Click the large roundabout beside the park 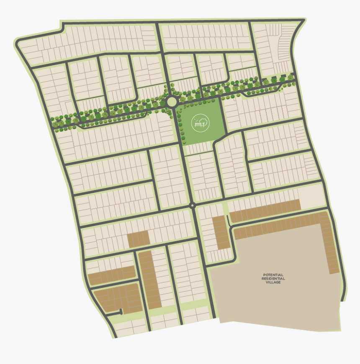[172, 101]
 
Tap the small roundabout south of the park [192, 205]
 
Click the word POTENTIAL [273, 275]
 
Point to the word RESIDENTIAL [273, 279]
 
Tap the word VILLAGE [273, 282]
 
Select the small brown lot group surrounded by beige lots [138, 239]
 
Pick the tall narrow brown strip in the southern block [150, 279]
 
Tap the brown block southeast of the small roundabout [221, 232]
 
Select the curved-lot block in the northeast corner [274, 48]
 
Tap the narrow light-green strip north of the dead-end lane [225, 208]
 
